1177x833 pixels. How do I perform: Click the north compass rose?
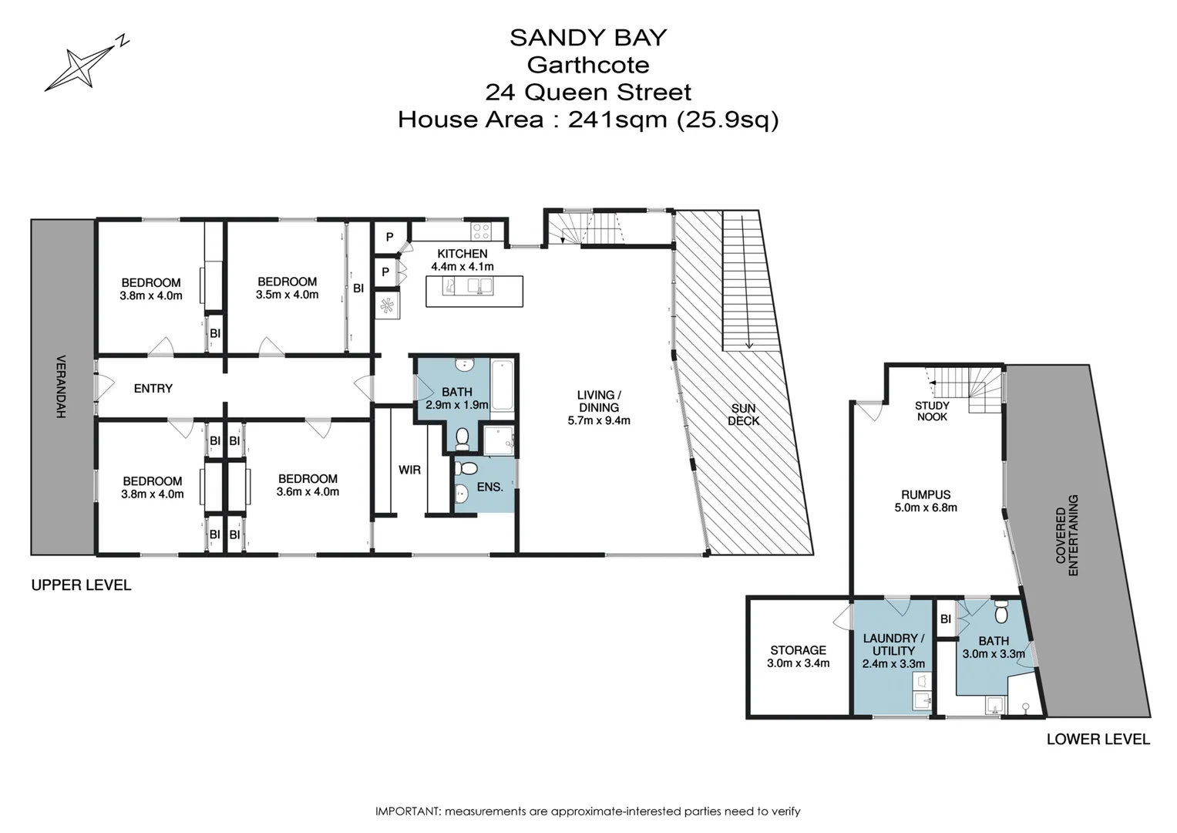81,66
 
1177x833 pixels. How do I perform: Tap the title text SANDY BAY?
588,37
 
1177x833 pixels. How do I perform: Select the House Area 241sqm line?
588,120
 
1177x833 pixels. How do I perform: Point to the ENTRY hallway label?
153,388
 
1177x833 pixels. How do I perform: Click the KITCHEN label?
462,254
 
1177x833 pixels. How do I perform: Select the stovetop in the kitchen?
482,230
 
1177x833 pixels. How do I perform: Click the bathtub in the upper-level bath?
502,385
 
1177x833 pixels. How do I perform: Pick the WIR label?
409,469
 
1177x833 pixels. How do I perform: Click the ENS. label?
489,487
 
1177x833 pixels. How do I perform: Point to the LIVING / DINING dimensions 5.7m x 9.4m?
598,420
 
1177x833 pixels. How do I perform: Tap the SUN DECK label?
743,414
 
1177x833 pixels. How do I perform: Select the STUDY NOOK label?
931,410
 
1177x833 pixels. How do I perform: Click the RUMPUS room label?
925,494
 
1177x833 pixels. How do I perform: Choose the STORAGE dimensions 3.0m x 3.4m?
798,663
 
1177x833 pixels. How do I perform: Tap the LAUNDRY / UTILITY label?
893,644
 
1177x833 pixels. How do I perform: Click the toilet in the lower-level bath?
1001,612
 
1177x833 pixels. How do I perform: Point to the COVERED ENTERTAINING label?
1067,535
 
